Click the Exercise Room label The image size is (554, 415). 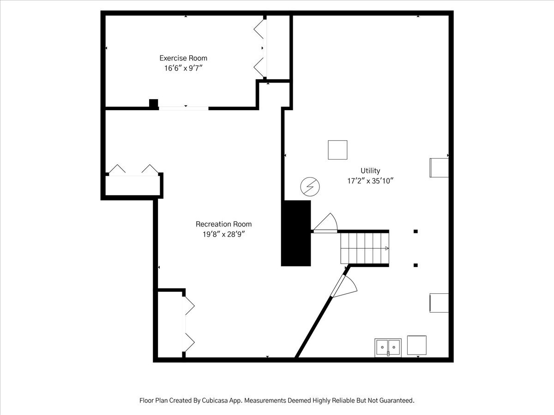[x=183, y=58]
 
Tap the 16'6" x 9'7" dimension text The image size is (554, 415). [x=183, y=68]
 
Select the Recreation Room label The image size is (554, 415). [x=223, y=224]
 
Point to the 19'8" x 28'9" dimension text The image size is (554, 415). [x=223, y=234]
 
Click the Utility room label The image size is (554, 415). [x=370, y=171]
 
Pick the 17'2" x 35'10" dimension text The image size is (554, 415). [x=370, y=181]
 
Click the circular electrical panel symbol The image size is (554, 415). [x=310, y=187]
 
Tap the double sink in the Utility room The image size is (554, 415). [x=388, y=348]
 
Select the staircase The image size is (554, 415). [x=365, y=248]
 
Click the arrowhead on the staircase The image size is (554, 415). [x=387, y=249]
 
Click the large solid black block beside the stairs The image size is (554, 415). [x=296, y=233]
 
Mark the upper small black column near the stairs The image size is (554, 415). [x=415, y=231]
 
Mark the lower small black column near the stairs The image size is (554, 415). [x=415, y=265]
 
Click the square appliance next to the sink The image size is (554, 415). [x=417, y=345]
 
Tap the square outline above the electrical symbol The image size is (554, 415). [x=337, y=150]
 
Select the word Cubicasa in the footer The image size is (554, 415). [x=212, y=400]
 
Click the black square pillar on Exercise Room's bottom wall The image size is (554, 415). [x=153, y=104]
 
